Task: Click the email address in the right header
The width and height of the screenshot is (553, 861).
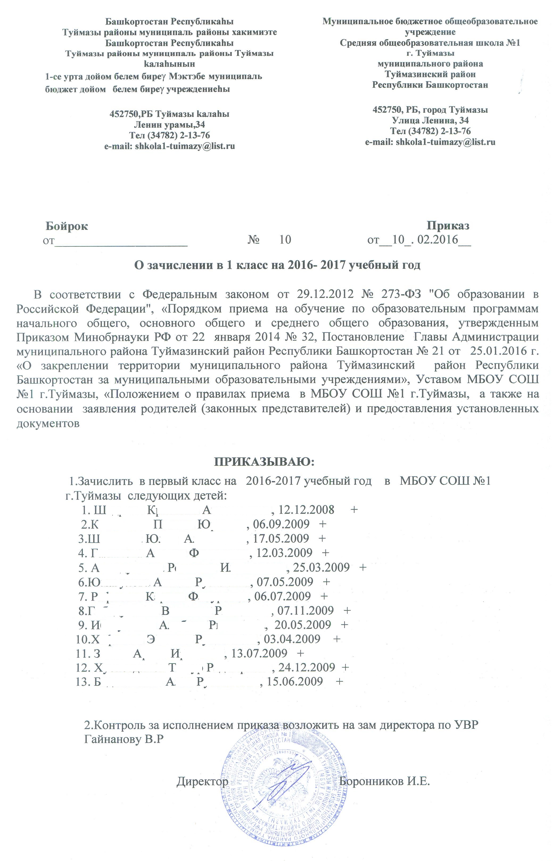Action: [x=430, y=142]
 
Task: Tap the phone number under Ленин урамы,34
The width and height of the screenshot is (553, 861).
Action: [x=170, y=135]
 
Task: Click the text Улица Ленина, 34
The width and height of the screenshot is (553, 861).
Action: [x=430, y=120]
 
